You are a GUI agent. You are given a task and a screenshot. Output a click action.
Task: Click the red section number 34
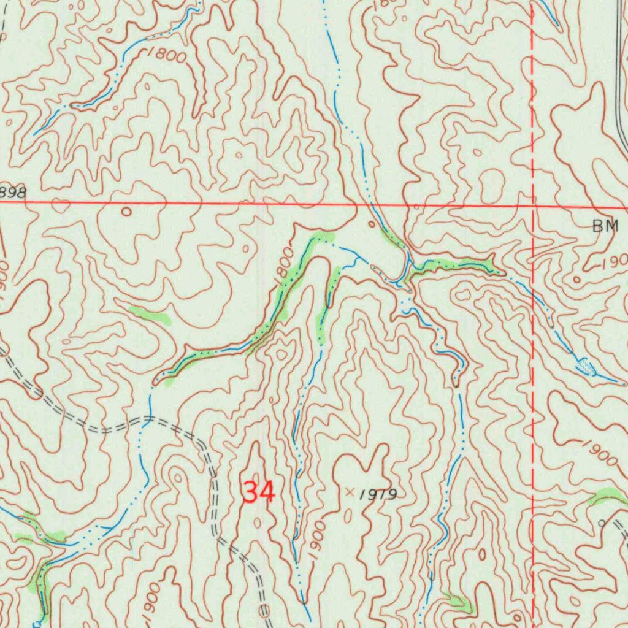(259, 491)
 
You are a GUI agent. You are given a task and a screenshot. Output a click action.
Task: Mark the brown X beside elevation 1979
(350, 491)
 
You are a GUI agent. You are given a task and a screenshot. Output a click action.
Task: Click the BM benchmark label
(605, 226)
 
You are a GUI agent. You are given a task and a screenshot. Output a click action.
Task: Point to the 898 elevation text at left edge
(13, 193)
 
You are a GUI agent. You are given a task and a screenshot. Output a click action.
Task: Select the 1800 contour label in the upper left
(166, 55)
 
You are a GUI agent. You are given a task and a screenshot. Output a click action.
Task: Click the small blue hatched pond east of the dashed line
(586, 367)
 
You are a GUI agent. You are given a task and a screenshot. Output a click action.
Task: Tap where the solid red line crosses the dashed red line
(532, 206)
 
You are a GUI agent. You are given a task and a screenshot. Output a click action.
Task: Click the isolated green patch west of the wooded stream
(150, 315)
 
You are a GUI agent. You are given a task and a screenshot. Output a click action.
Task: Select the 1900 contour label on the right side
(599, 453)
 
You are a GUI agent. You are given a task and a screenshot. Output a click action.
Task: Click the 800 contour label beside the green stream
(285, 265)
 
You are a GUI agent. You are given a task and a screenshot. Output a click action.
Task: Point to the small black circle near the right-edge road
(602, 523)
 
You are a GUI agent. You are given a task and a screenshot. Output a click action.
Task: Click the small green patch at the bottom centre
(459, 603)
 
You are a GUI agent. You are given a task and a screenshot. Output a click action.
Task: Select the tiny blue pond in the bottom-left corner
(36, 623)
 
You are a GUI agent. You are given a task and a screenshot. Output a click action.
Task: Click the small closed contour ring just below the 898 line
(126, 212)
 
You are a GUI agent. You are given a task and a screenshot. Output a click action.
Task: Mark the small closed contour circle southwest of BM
(576, 279)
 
